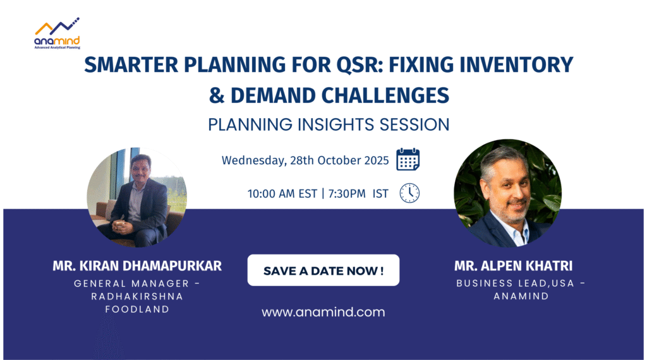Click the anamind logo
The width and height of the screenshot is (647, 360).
[57, 33]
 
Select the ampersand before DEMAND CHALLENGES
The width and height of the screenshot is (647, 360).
[217, 95]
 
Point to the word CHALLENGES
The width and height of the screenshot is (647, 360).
[385, 95]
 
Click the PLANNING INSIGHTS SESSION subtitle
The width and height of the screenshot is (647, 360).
[329, 124]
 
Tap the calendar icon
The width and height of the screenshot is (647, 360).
[408, 159]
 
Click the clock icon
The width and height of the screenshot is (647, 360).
[409, 193]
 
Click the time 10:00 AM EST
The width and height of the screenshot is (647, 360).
[282, 193]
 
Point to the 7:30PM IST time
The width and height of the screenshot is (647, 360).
[358, 193]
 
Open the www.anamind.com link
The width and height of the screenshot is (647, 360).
[323, 312]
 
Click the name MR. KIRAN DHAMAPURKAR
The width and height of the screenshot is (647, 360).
[137, 266]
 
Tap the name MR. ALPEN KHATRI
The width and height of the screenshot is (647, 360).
[513, 266]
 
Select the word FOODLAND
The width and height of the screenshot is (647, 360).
[137, 309]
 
